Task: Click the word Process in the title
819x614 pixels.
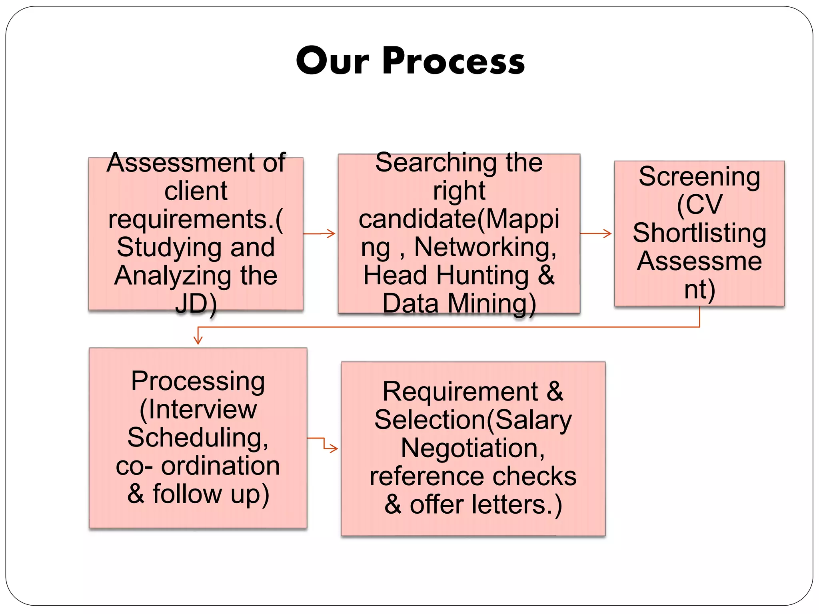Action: tap(453, 61)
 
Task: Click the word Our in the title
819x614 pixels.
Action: tap(332, 61)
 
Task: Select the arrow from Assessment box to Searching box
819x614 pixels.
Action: tap(320, 233)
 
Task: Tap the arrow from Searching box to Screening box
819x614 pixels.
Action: tap(596, 233)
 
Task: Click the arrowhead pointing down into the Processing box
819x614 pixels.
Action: tap(198, 340)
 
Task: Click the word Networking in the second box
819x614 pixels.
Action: tap(485, 247)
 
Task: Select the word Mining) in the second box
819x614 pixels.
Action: tap(492, 304)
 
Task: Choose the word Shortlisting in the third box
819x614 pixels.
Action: tap(699, 233)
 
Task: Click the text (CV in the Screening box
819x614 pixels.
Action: tap(699, 205)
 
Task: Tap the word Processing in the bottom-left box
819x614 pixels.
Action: tap(198, 381)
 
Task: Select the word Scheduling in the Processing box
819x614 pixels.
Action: tap(197, 438)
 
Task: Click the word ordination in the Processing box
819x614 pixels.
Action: tap(220, 466)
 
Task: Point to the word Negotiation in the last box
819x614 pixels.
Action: tap(473, 448)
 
